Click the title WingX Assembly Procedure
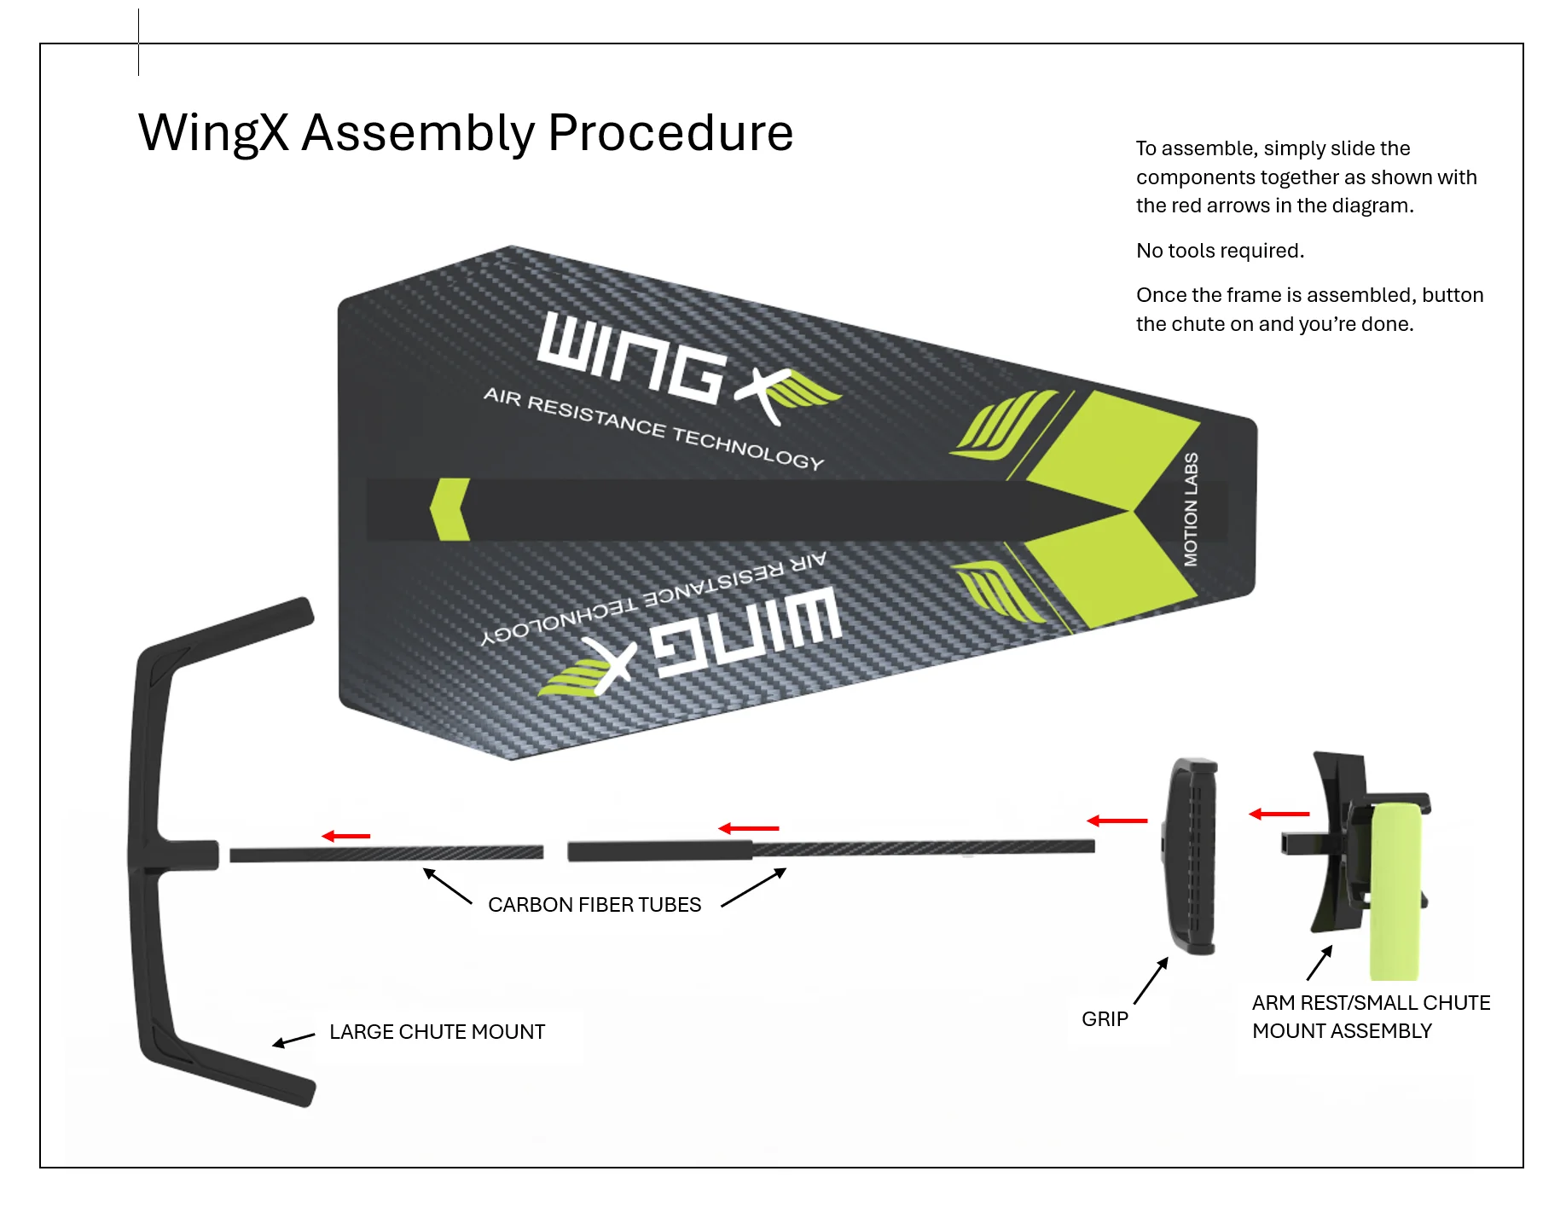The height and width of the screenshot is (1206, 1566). coord(466,133)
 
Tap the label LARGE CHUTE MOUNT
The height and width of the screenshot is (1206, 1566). coord(437,1032)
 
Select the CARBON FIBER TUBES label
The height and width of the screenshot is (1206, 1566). coord(594,905)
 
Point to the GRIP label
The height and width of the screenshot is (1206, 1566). coord(1105,1019)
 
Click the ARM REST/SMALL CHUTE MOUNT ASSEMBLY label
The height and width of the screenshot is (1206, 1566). coord(1370,1017)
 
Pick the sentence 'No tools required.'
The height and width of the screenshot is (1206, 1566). coord(1220,251)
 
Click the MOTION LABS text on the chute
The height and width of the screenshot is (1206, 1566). coord(1191,509)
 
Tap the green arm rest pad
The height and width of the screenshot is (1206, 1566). coord(1395,891)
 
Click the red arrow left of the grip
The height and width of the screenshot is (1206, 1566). coord(1117,820)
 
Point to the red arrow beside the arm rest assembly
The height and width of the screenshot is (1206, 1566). coord(1279,815)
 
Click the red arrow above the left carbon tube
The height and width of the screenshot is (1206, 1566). coord(346,836)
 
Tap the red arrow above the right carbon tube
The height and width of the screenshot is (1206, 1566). coord(749,828)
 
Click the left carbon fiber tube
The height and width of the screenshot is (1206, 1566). coord(386,854)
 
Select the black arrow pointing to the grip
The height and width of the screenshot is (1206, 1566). coord(1151,981)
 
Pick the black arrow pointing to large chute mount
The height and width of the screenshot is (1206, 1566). coord(293,1040)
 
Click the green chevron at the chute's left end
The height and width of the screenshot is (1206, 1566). coord(449,509)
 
